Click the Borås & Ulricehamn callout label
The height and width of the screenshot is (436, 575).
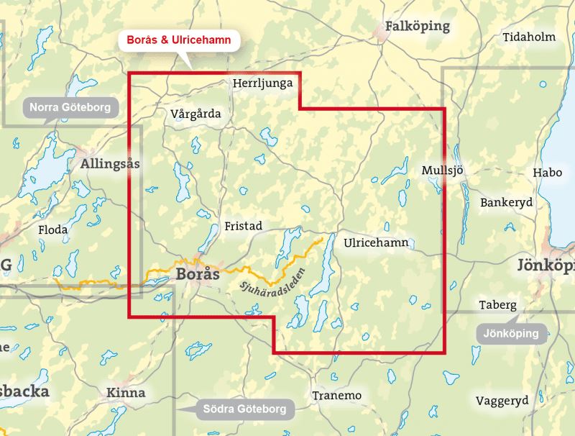click(179, 41)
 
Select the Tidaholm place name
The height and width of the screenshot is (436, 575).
click(530, 37)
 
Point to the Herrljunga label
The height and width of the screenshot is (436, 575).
click(263, 84)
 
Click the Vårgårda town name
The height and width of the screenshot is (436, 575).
click(196, 114)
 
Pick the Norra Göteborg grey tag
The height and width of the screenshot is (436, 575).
click(70, 109)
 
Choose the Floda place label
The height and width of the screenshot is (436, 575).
click(54, 230)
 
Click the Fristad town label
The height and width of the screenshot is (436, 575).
click(244, 225)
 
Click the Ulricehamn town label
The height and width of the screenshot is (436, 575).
click(376, 242)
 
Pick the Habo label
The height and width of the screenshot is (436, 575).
click(547, 173)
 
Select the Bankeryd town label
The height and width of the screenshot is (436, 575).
click(507, 202)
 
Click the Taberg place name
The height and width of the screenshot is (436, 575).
click(499, 304)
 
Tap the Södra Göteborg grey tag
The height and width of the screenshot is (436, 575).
click(244, 409)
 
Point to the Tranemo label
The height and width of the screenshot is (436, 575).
click(336, 396)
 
